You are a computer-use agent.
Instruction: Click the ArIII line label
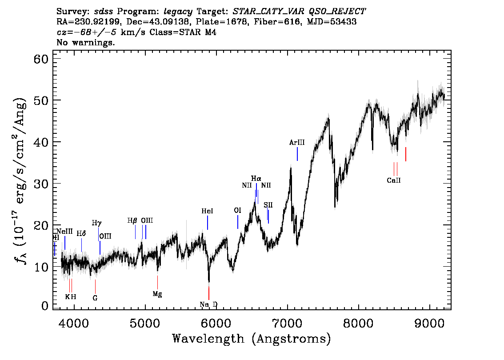[x=297, y=143]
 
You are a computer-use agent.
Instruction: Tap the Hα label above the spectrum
[x=256, y=179]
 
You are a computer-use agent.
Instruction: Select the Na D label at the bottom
[x=208, y=304]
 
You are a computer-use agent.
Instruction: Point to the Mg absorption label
[x=157, y=294]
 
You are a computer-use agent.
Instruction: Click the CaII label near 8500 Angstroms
[x=394, y=180]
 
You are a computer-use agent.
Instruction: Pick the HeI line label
[x=207, y=212]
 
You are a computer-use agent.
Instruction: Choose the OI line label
[x=238, y=210]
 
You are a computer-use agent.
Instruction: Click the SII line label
[x=268, y=205]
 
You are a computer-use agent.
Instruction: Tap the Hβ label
[x=132, y=220]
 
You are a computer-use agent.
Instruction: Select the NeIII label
[x=65, y=232]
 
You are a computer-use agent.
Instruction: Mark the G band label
[x=95, y=298]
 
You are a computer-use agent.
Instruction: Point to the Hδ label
[x=81, y=233]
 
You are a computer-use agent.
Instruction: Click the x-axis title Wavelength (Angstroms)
[x=252, y=339]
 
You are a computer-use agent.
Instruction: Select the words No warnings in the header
[x=86, y=43]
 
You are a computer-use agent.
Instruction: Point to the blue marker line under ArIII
[x=297, y=154]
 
